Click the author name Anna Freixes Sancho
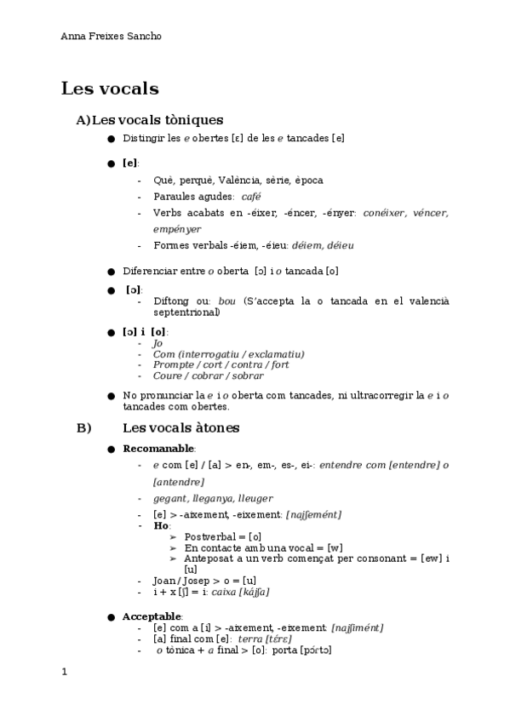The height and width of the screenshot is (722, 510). [112, 37]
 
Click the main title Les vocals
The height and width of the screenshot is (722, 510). [110, 88]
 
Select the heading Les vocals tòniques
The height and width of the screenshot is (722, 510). [157, 120]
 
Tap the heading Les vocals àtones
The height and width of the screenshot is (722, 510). [181, 427]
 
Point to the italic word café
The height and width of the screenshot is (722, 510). [251, 197]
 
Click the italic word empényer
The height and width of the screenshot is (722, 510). [177, 229]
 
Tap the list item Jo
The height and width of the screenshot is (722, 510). [158, 343]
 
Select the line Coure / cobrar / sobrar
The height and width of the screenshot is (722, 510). [208, 375]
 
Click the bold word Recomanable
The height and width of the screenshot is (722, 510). [159, 449]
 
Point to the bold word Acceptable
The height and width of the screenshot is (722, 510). [152, 616]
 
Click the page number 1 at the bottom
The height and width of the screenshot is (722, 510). [64, 672]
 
